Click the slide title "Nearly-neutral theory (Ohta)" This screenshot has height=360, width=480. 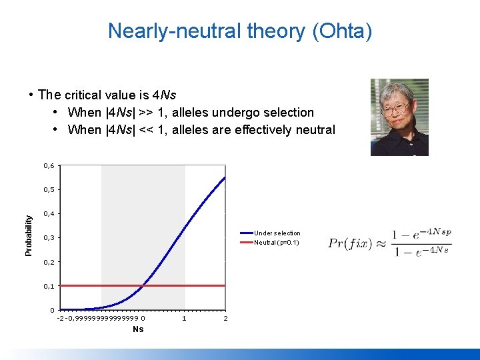[x=240, y=31]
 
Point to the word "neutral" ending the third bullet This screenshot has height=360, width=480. [x=314, y=129]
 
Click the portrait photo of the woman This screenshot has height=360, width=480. [x=399, y=117]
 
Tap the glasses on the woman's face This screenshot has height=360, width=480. [x=398, y=106]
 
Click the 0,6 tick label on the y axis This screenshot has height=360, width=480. [x=49, y=165]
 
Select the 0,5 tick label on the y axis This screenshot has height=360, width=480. [x=49, y=189]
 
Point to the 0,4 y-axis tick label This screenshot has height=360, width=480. [x=49, y=214]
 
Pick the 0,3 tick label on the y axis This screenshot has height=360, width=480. [x=49, y=238]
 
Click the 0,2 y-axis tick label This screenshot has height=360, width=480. [x=49, y=262]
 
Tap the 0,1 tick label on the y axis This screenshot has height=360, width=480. [x=49, y=286]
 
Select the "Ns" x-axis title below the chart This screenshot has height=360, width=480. [x=138, y=329]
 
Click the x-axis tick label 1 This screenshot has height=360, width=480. [x=184, y=319]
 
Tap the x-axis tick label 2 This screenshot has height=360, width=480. [x=225, y=319]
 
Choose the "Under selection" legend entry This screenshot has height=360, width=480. [x=277, y=233]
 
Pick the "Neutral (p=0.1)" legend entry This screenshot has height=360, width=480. [x=277, y=242]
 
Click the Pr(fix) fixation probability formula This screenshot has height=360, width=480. [x=390, y=243]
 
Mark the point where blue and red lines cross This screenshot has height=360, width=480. [x=143, y=285]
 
